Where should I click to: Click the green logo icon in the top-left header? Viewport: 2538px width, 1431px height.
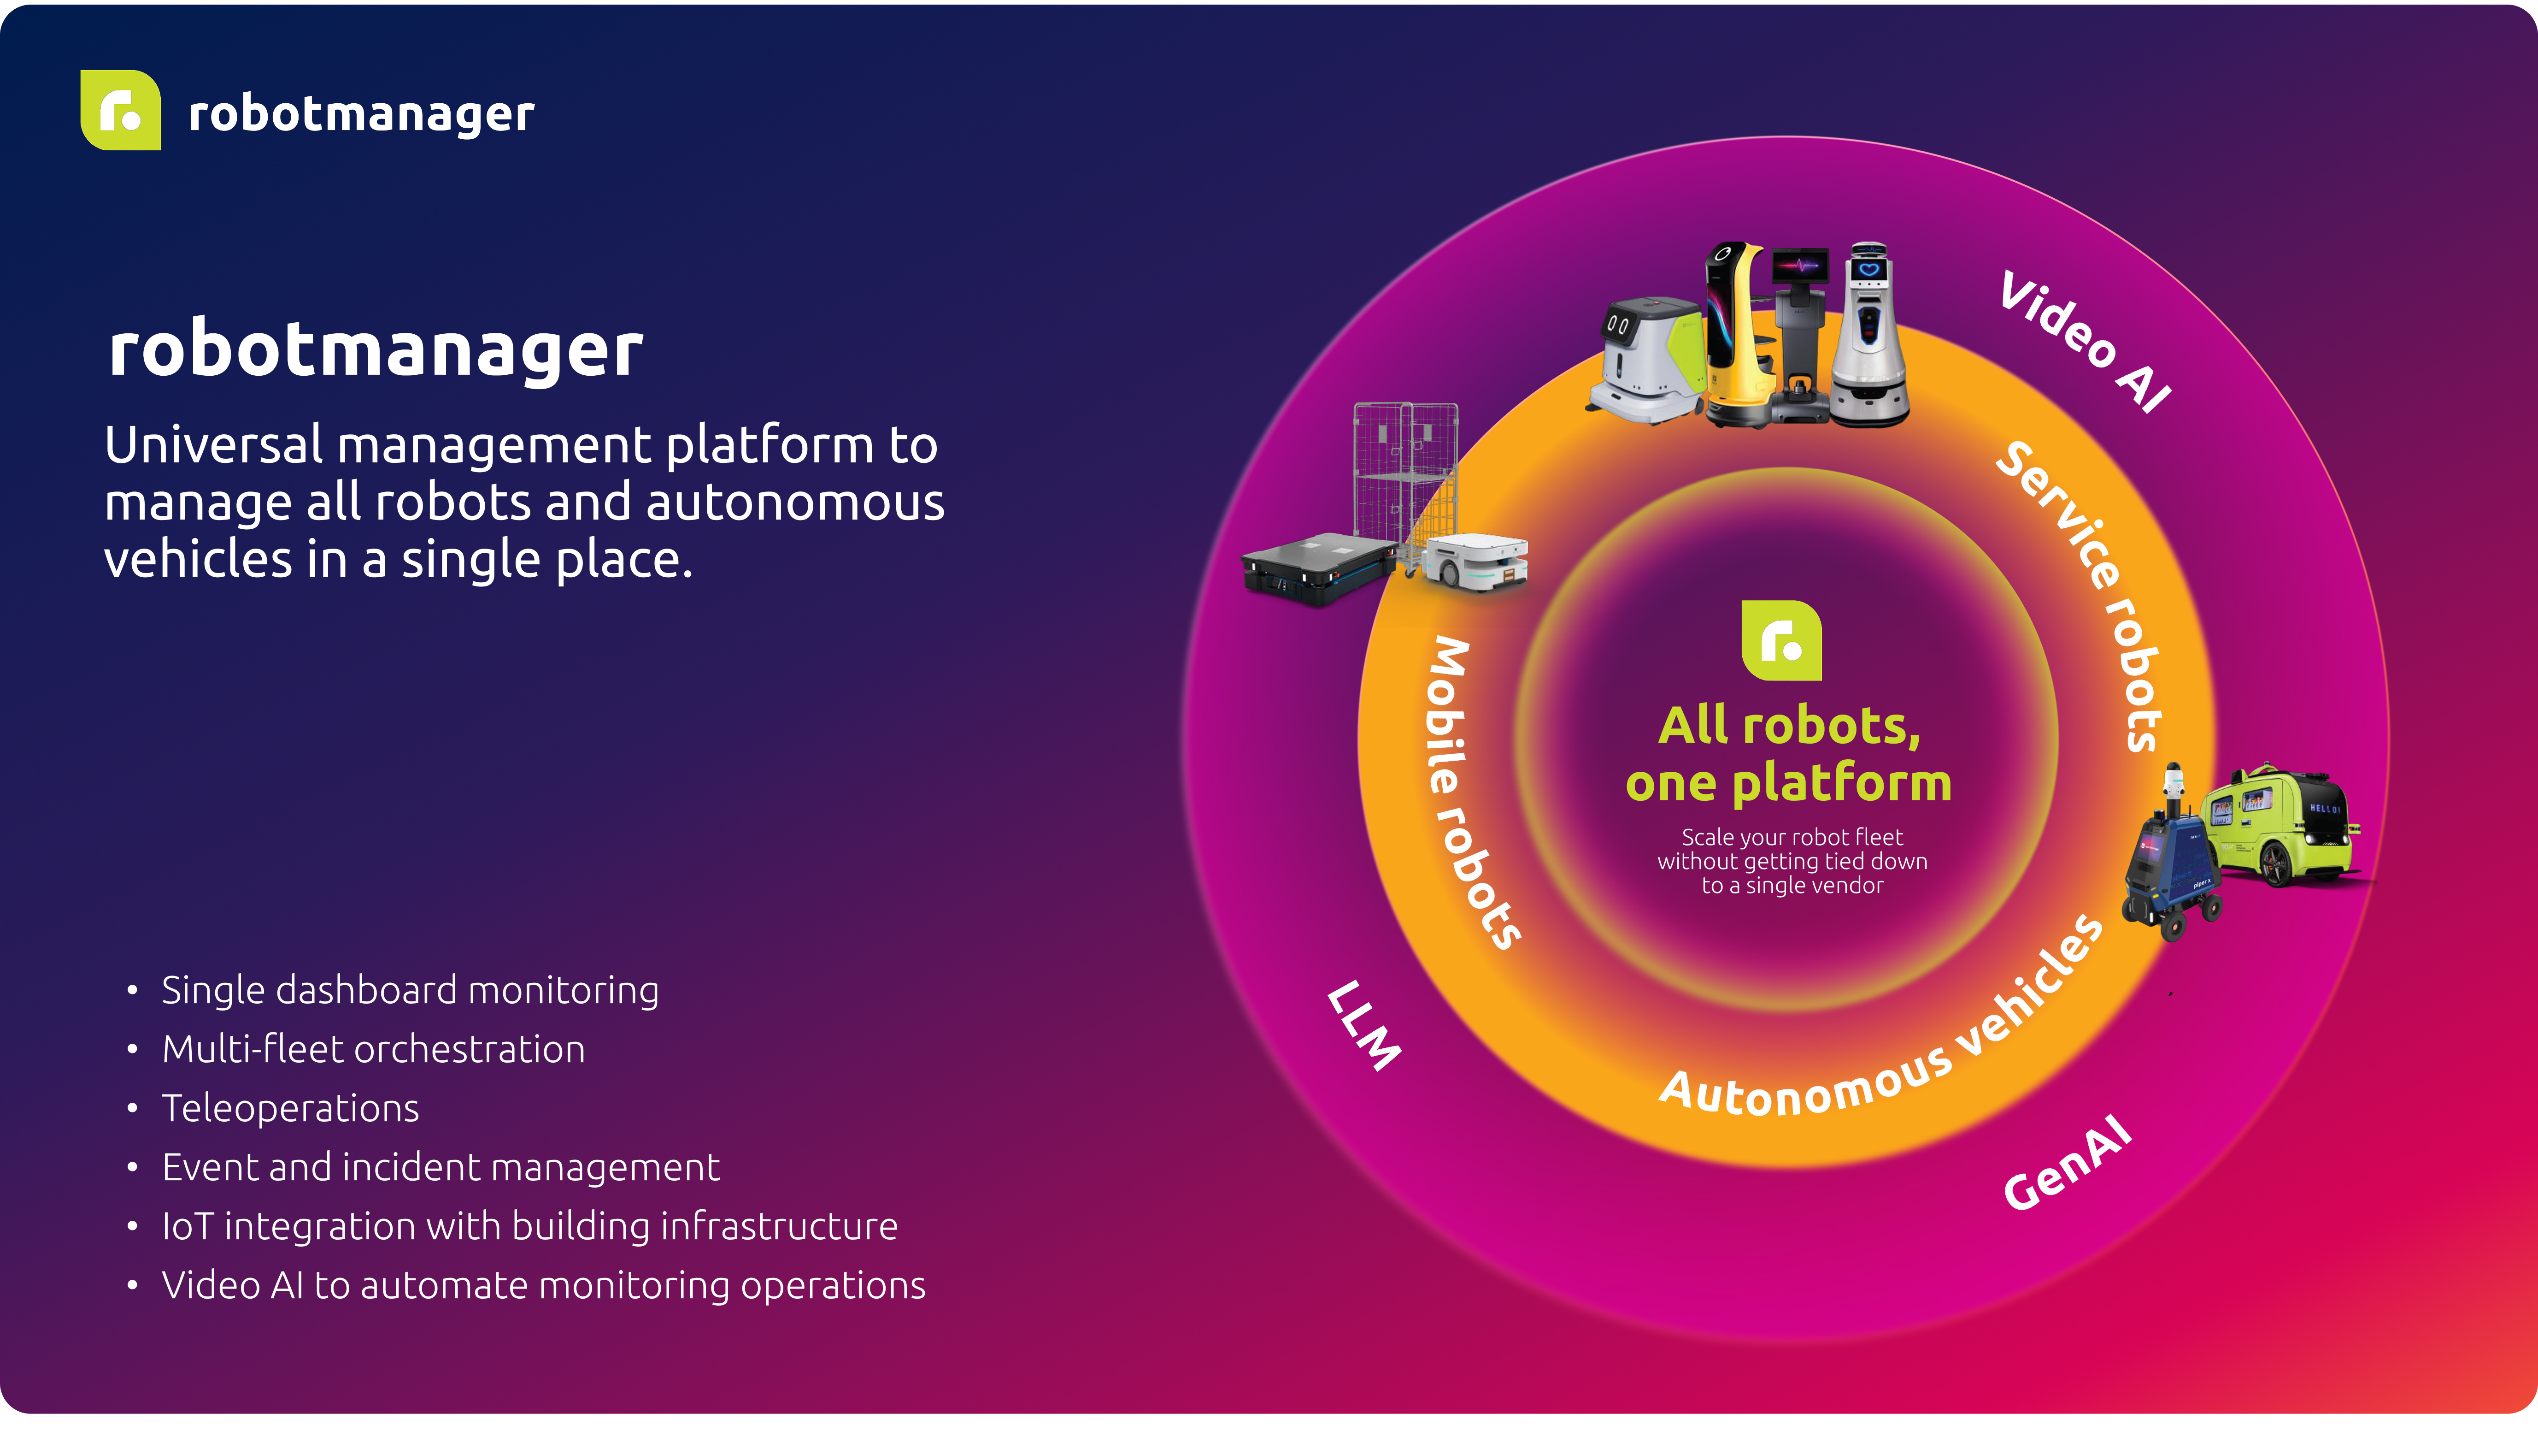tap(120, 110)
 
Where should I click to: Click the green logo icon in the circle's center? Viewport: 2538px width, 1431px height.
tap(1781, 641)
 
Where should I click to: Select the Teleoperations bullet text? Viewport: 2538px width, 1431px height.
tap(291, 1109)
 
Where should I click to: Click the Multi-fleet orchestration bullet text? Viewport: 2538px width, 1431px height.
tap(373, 1050)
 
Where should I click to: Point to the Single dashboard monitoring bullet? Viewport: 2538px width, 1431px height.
tap(410, 990)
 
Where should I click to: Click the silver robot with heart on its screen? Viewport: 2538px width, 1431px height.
tap(1869, 335)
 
